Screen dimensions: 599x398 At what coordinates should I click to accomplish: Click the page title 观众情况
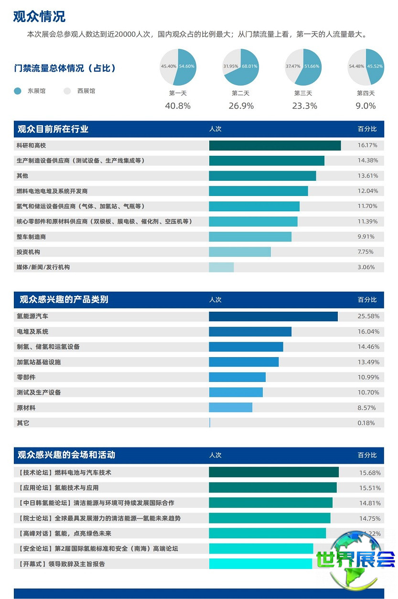pyautogui.click(x=39, y=16)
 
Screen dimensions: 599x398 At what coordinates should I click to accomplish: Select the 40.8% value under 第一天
pyautogui.click(x=178, y=106)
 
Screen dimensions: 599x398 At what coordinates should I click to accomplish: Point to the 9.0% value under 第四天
pyautogui.click(x=366, y=106)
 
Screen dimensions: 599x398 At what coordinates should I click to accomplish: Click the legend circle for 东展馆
pyautogui.click(x=18, y=91)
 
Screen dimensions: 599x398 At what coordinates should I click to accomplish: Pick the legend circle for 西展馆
pyautogui.click(x=67, y=91)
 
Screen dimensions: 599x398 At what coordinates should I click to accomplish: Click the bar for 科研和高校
pyautogui.click(x=275, y=145)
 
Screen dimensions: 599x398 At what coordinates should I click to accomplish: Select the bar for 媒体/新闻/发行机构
pyautogui.click(x=221, y=267)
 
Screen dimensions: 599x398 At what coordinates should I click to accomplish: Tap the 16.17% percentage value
pyautogui.click(x=367, y=145)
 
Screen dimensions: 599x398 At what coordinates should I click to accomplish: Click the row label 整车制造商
pyautogui.click(x=32, y=237)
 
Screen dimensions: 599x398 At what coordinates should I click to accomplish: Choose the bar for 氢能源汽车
pyautogui.click(x=273, y=316)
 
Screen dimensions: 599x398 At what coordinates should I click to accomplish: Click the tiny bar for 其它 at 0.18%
pyautogui.click(x=210, y=423)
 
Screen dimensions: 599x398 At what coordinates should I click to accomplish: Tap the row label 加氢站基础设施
pyautogui.click(x=39, y=362)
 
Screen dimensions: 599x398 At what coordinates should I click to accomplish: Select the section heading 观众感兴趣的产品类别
pyautogui.click(x=64, y=300)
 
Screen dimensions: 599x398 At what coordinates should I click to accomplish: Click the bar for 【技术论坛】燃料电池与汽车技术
pyautogui.click(x=273, y=472)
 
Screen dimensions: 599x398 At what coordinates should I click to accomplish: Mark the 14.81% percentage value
pyautogui.click(x=370, y=503)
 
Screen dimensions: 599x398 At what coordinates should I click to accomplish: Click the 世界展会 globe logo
pyautogui.click(x=355, y=558)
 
